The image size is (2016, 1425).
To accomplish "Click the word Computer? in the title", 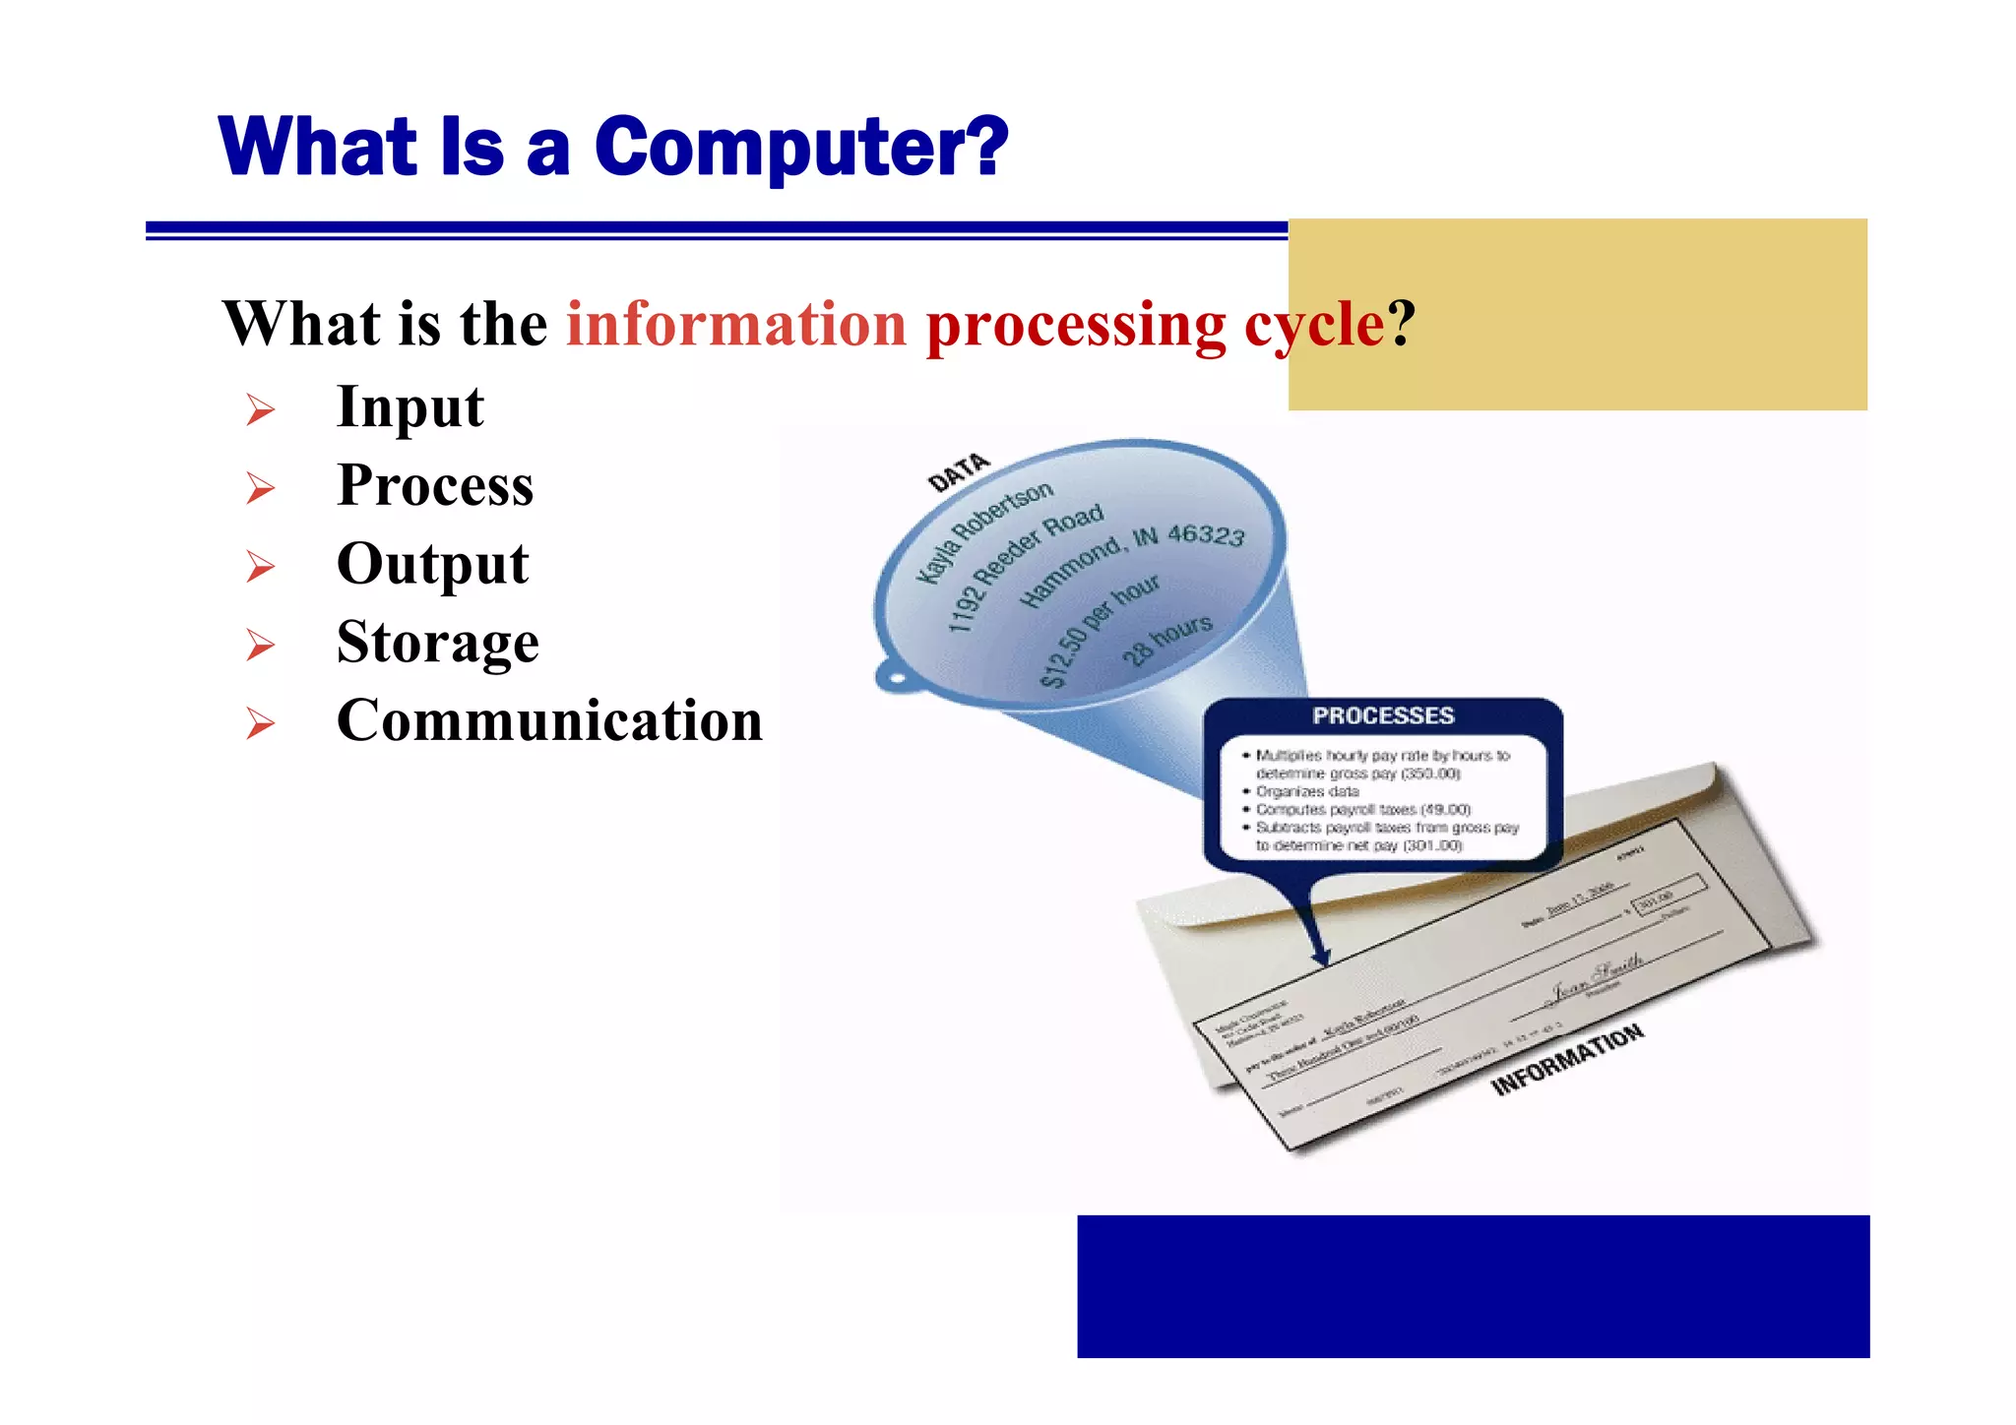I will (801, 148).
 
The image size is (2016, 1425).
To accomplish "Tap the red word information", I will (736, 325).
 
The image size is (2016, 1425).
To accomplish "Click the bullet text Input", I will (409, 407).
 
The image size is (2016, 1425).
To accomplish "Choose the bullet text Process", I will (435, 486).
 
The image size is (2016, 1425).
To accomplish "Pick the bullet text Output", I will (432, 565).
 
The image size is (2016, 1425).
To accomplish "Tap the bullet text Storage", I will (437, 643).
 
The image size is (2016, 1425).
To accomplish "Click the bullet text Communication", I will (549, 720).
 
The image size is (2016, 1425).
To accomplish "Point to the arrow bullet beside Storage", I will (261, 645).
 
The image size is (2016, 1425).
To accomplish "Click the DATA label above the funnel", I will (958, 472).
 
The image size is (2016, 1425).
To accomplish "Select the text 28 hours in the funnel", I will (1167, 640).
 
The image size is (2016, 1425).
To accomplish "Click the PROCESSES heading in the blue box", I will (1382, 715).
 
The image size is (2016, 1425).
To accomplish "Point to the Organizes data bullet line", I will (1306, 791).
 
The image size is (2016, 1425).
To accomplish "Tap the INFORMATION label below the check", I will (1567, 1059).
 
